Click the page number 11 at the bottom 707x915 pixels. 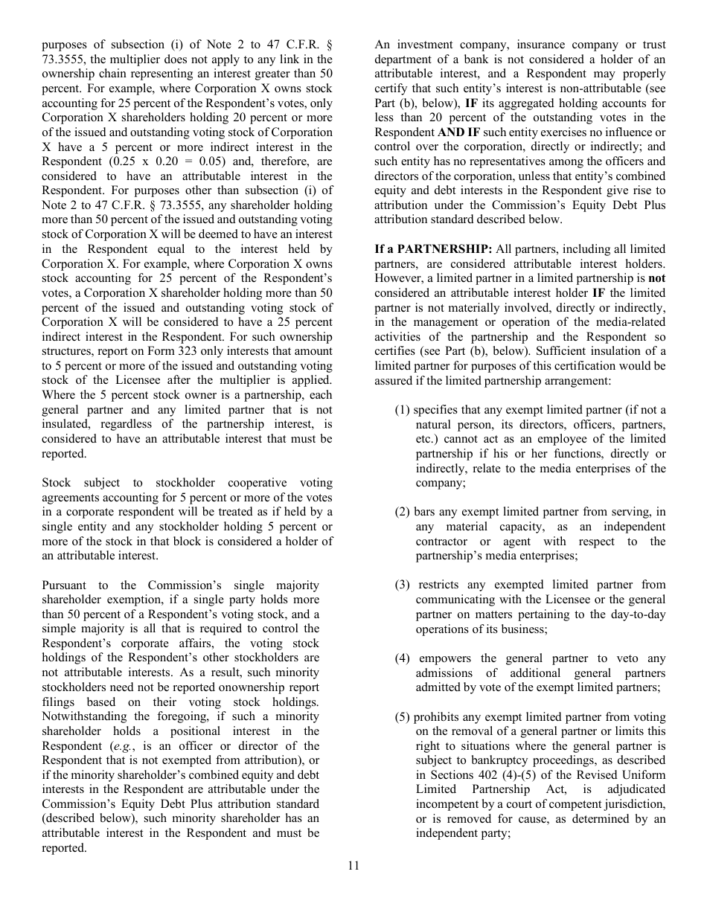(x=353, y=865)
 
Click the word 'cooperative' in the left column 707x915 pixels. (x=246, y=483)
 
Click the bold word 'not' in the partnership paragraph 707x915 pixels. (x=656, y=279)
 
